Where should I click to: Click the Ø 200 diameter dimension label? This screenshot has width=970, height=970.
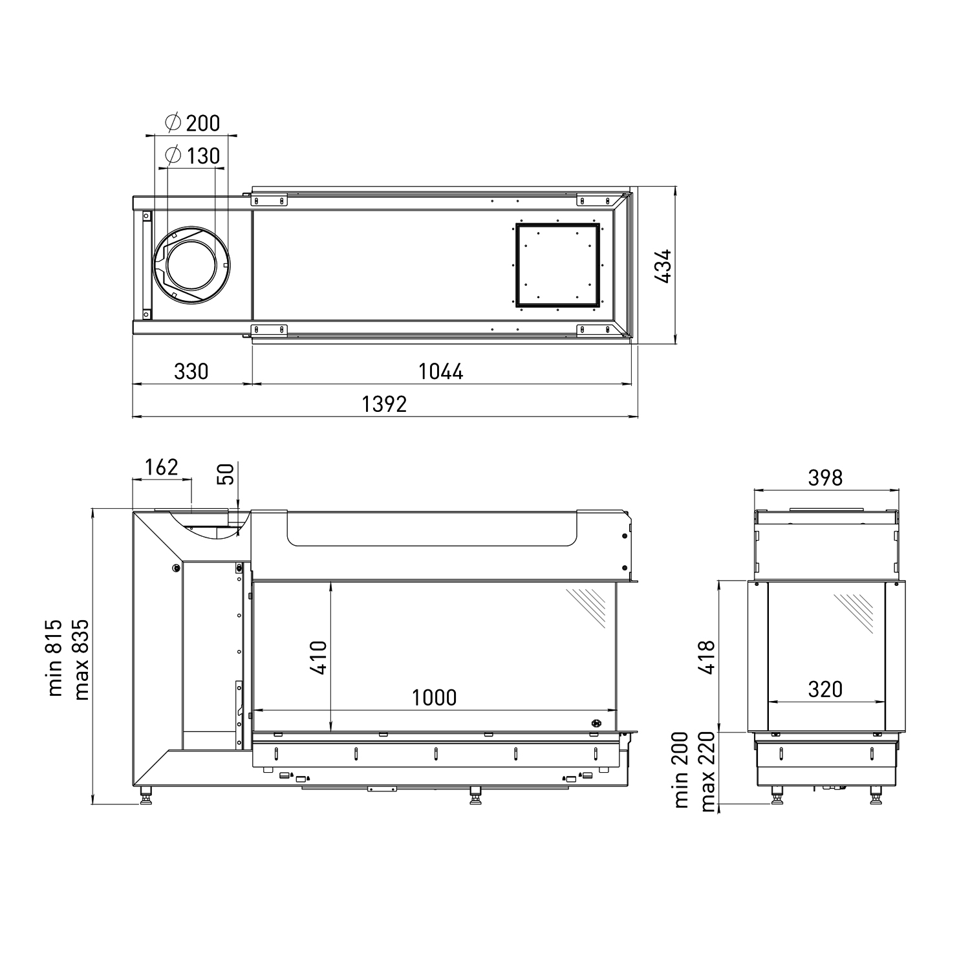coord(193,123)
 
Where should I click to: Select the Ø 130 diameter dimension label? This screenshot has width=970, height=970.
coord(193,156)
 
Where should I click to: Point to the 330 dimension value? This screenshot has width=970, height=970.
coord(191,371)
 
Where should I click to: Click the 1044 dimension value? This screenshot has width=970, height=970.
coord(441,371)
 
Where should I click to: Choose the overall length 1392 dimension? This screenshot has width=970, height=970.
coord(384,404)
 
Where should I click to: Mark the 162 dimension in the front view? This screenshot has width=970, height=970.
coord(161,467)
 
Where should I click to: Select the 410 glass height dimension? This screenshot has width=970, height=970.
coord(319,658)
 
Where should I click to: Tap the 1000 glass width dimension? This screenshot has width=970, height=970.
coord(434,697)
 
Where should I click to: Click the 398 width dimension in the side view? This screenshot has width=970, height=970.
coord(826,477)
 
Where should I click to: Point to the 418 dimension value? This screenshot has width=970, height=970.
coord(707,657)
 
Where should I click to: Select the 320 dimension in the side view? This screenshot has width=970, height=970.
coord(826,689)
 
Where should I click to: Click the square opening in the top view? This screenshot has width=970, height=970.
coord(557,264)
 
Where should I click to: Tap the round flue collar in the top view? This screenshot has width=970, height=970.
coord(190,265)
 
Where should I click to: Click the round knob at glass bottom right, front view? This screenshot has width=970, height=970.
coord(596,723)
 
